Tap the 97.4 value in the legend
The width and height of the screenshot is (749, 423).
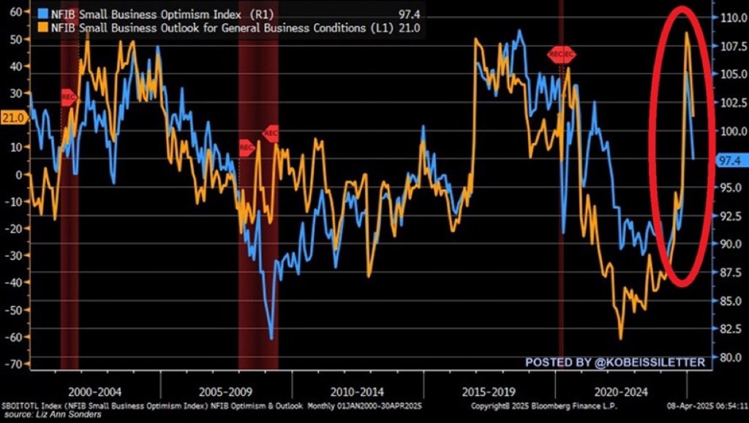pos(405,12)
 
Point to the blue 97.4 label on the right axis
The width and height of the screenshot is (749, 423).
pos(730,161)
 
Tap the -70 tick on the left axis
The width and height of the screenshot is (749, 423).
pos(14,364)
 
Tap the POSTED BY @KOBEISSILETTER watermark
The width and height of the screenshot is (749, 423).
pos(614,362)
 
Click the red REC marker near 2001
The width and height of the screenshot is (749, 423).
pos(68,97)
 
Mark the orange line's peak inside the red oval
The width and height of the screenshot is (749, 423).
pos(686,32)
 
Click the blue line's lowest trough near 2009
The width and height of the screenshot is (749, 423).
pos(271,338)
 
